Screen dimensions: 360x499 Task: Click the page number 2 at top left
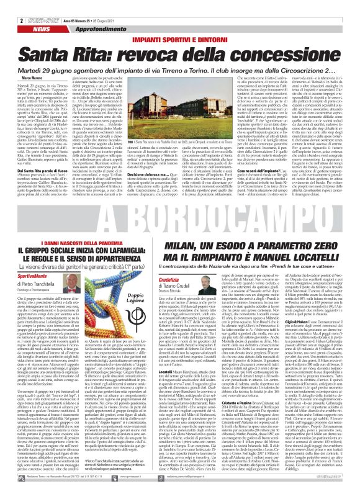coord(12,5)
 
